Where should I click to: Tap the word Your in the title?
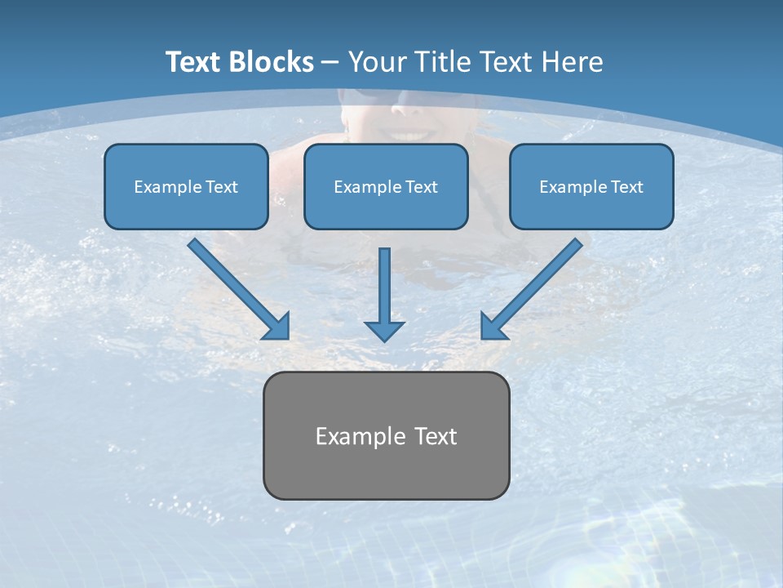(x=377, y=62)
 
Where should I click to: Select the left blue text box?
(x=186, y=186)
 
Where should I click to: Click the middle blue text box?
(x=386, y=186)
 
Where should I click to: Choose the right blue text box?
(x=591, y=186)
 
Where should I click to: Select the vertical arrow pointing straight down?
(x=384, y=290)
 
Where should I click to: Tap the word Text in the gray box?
(x=434, y=436)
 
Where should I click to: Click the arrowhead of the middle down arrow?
(x=384, y=331)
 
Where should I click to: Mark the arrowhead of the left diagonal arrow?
(x=277, y=327)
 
